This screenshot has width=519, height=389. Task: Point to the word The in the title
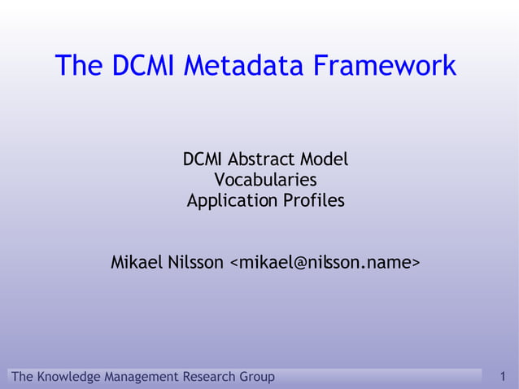(x=78, y=65)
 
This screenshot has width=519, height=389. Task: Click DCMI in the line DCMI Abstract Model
(x=203, y=159)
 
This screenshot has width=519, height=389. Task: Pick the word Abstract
(x=263, y=159)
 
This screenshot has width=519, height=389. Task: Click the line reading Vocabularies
(x=265, y=179)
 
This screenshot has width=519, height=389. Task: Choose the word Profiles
(x=313, y=199)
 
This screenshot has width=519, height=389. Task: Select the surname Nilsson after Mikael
(x=198, y=263)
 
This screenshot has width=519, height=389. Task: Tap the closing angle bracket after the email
(x=415, y=264)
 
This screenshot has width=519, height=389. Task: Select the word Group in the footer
(x=258, y=377)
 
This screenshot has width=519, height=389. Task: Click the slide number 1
(x=504, y=377)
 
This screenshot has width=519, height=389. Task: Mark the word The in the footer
(x=23, y=377)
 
